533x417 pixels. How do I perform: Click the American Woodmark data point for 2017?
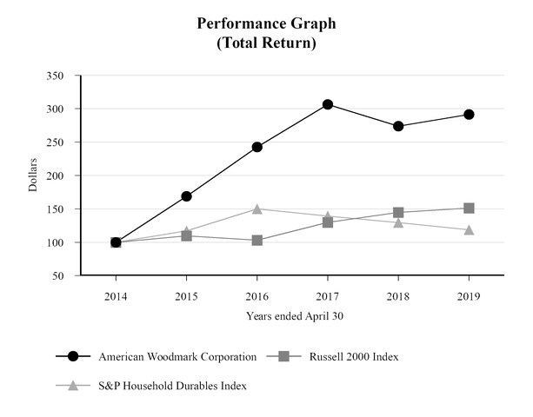pyautogui.click(x=328, y=104)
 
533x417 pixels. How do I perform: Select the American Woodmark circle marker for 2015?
pyautogui.click(x=186, y=196)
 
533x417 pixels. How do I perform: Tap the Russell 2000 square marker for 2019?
pyautogui.click(x=469, y=208)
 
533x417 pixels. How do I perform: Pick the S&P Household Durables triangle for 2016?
pyautogui.click(x=257, y=208)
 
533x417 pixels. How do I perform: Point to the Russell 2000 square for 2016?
pyautogui.click(x=257, y=240)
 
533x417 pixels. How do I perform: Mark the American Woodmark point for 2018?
pyautogui.click(x=398, y=126)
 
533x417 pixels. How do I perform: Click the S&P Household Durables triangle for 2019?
pyautogui.click(x=469, y=230)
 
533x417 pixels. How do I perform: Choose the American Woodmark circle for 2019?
pyautogui.click(x=469, y=114)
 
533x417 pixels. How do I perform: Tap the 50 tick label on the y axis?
pyautogui.click(x=58, y=275)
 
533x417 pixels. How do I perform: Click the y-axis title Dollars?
pyautogui.click(x=34, y=175)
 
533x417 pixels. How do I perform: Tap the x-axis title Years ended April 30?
pyautogui.click(x=294, y=316)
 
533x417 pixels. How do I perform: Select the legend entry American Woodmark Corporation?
pyautogui.click(x=177, y=356)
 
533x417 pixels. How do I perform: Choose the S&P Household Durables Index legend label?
pyautogui.click(x=173, y=385)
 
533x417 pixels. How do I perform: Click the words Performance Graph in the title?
pyautogui.click(x=266, y=22)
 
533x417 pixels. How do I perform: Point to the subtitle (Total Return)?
pyautogui.click(x=266, y=42)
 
